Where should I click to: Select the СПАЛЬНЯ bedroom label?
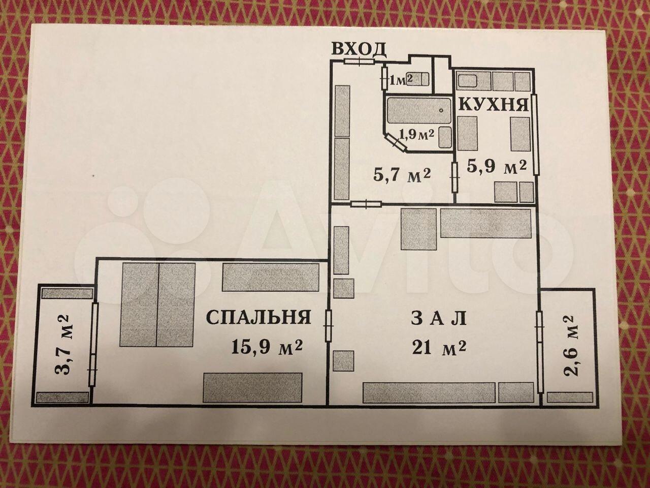point(258,317)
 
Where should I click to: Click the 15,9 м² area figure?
point(267,347)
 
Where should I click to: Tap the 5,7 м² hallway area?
point(402,176)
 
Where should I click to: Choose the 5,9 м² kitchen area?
point(497,167)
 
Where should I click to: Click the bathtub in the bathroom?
point(419,111)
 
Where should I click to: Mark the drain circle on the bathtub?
point(441,110)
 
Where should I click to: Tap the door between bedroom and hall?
point(328,326)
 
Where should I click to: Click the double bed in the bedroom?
point(157,304)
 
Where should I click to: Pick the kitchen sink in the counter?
point(468,81)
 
